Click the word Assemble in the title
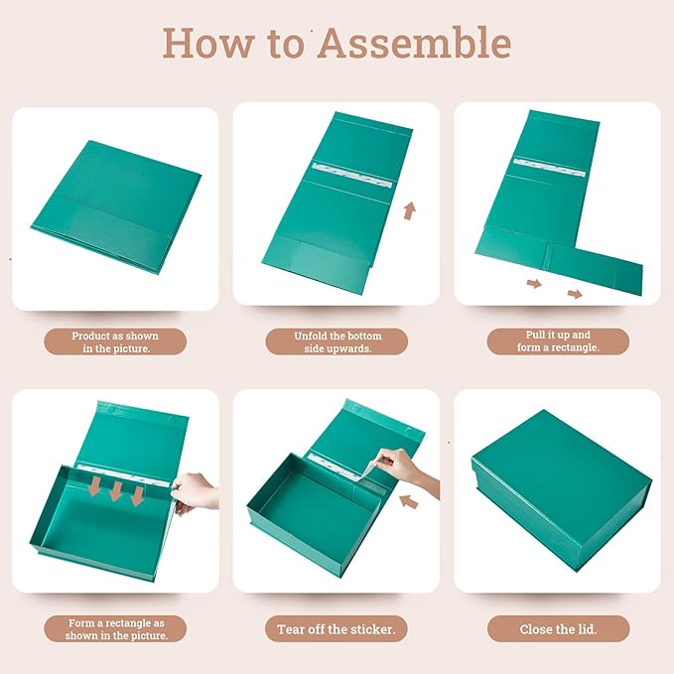414,42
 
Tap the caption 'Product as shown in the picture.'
115,342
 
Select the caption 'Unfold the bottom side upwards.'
337,342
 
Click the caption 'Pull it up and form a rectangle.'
558,340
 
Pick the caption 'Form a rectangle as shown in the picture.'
116,629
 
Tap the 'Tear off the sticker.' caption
337,629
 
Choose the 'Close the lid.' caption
558,629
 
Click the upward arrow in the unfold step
410,210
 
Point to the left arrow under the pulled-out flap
534,283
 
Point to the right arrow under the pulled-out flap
575,294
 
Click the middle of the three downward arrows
116,491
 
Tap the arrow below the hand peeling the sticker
409,501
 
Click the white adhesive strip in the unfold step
352,176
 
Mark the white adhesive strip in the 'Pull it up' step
549,167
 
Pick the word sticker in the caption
372,629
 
